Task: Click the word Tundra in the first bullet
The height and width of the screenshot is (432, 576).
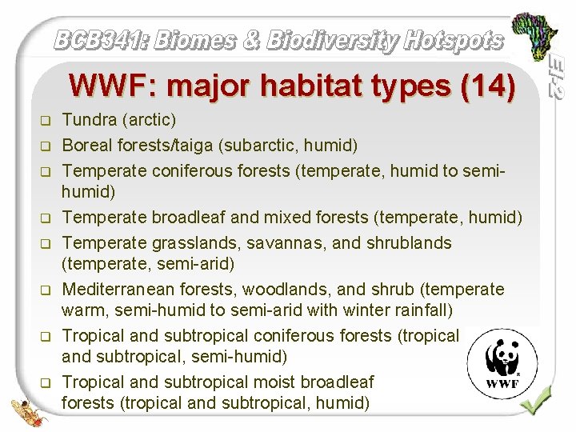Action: (x=86, y=121)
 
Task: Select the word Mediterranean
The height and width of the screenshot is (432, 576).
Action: (x=119, y=289)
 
